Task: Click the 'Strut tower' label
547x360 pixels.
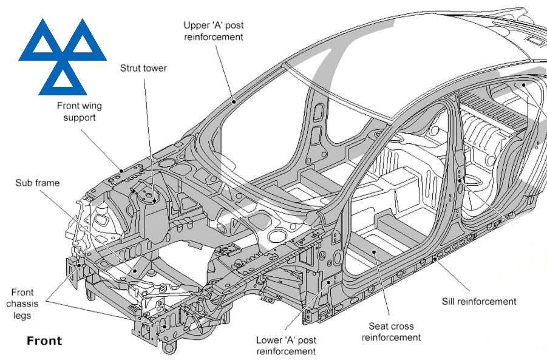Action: [x=143, y=69]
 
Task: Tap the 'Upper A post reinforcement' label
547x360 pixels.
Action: [x=213, y=31]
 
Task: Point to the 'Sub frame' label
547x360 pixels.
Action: [x=38, y=183]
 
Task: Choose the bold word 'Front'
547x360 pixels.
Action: [x=44, y=341]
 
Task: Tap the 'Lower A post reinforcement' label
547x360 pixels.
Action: [x=286, y=345]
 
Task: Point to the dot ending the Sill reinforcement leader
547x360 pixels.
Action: [x=435, y=258]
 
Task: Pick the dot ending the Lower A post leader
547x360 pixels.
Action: [x=328, y=282]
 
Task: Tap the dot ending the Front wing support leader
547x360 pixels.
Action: [x=122, y=171]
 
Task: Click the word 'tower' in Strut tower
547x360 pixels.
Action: [x=154, y=69]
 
